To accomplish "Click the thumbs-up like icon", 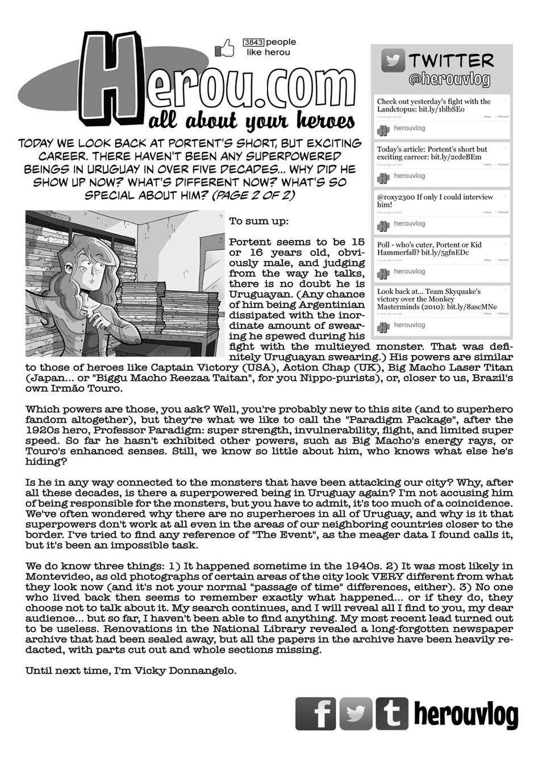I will coord(225,48).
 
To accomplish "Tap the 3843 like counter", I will coord(253,42).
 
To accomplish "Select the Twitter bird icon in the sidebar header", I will coord(393,61).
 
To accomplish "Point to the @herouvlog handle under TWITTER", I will coord(449,80).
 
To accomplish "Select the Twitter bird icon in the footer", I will coord(355,713).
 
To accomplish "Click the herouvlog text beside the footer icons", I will coord(466,714).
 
